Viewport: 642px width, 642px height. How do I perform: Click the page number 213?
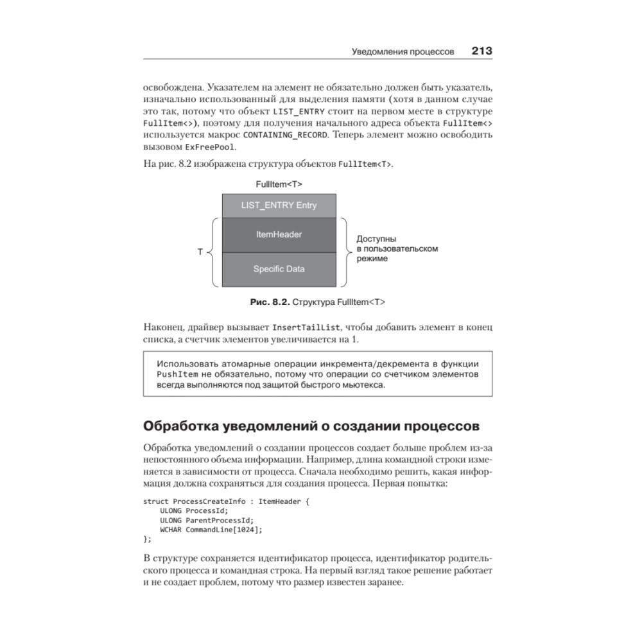pyautogui.click(x=481, y=50)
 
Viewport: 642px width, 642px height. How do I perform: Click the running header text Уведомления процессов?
pyautogui.click(x=403, y=51)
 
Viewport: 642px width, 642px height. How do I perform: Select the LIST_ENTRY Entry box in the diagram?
pyautogui.click(x=279, y=205)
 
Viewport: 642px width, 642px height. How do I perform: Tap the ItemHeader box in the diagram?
pyautogui.click(x=279, y=235)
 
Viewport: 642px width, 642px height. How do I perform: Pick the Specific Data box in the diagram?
pyautogui.click(x=279, y=269)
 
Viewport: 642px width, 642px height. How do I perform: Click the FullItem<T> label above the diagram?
pyautogui.click(x=279, y=184)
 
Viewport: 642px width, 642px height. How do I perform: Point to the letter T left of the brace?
pyautogui.click(x=200, y=252)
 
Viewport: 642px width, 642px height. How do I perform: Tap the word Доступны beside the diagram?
pyautogui.click(x=376, y=238)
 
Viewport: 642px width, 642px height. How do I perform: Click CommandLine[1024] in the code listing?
pyautogui.click(x=223, y=529)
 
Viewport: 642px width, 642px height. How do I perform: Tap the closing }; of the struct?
pyautogui.click(x=147, y=539)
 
